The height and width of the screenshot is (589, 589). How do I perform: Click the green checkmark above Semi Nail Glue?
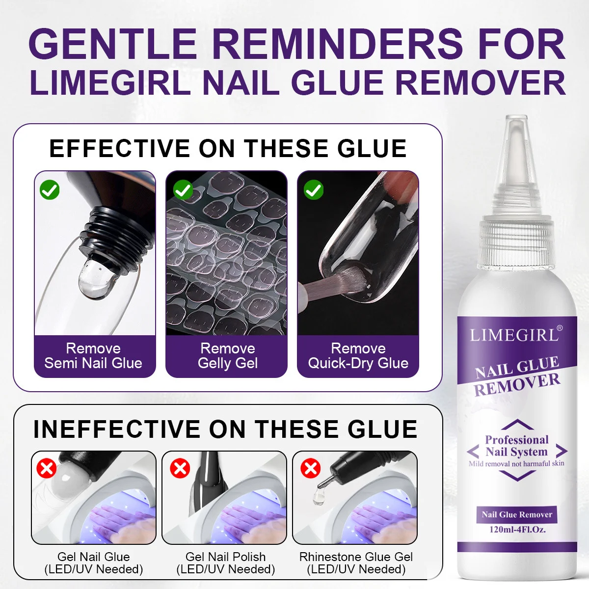[x=50, y=190]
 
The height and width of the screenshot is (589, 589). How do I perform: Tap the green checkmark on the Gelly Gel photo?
[x=183, y=190]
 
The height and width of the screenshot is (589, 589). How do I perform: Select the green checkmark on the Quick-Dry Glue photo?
[x=314, y=190]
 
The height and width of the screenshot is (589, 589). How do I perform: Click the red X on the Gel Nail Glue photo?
[x=47, y=468]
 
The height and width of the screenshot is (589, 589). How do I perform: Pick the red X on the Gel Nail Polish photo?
[x=180, y=468]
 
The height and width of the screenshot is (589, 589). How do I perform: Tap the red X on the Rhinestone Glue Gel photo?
[x=311, y=468]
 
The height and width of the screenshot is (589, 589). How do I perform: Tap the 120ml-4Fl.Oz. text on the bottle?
[x=517, y=529]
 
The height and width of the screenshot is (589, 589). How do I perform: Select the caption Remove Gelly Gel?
[x=228, y=356]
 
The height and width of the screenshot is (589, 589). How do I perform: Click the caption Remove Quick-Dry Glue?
[x=358, y=356]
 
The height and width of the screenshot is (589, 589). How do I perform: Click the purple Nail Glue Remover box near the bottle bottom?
[x=517, y=514]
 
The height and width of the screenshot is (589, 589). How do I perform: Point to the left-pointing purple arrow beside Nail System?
[x=473, y=451]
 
